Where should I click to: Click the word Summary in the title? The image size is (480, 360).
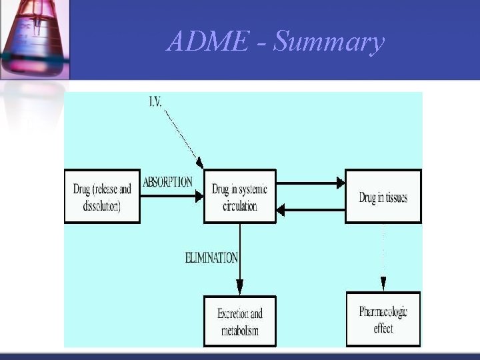tap(329, 42)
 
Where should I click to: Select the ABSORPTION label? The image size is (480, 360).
tap(167, 182)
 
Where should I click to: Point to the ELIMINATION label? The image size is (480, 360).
tap(211, 257)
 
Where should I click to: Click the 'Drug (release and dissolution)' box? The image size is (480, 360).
tap(102, 196)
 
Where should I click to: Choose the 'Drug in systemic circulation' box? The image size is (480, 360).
tap(239, 197)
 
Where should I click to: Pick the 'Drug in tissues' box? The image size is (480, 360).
tap(383, 196)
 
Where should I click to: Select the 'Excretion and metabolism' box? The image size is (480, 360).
tap(239, 321)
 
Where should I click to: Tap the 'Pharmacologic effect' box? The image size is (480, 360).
tap(383, 319)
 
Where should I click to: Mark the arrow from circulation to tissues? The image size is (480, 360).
tap(310, 182)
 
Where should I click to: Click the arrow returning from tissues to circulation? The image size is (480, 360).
tap(310, 210)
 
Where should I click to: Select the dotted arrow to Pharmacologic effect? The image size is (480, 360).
tap(383, 257)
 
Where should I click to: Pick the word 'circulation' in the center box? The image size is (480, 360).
tap(239, 206)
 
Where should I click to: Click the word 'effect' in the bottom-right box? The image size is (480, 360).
tap(383, 328)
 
